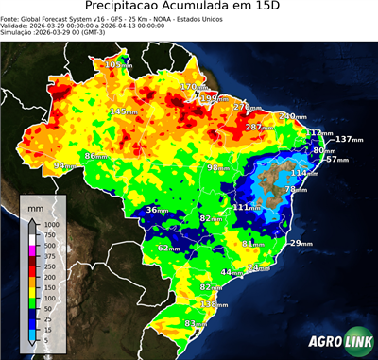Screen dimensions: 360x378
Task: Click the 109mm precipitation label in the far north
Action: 118,64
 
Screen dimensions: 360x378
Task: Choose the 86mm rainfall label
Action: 96,156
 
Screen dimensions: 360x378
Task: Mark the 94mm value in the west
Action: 64,165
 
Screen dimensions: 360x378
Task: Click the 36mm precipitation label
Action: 157,210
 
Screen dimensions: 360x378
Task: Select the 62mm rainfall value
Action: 168,248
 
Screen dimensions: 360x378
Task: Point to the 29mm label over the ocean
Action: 301,243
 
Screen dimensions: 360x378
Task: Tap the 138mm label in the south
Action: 214,304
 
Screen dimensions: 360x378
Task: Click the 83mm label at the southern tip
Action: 195,323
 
